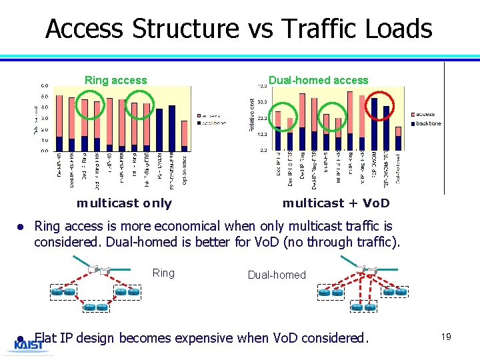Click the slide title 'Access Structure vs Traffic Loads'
click(239, 29)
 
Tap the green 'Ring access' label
click(115, 80)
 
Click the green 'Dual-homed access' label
click(318, 80)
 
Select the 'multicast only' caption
click(124, 203)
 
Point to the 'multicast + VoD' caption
click(336, 203)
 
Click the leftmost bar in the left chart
click(59, 124)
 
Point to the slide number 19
click(445, 337)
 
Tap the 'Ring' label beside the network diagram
click(163, 273)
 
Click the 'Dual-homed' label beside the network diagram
click(277, 275)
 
